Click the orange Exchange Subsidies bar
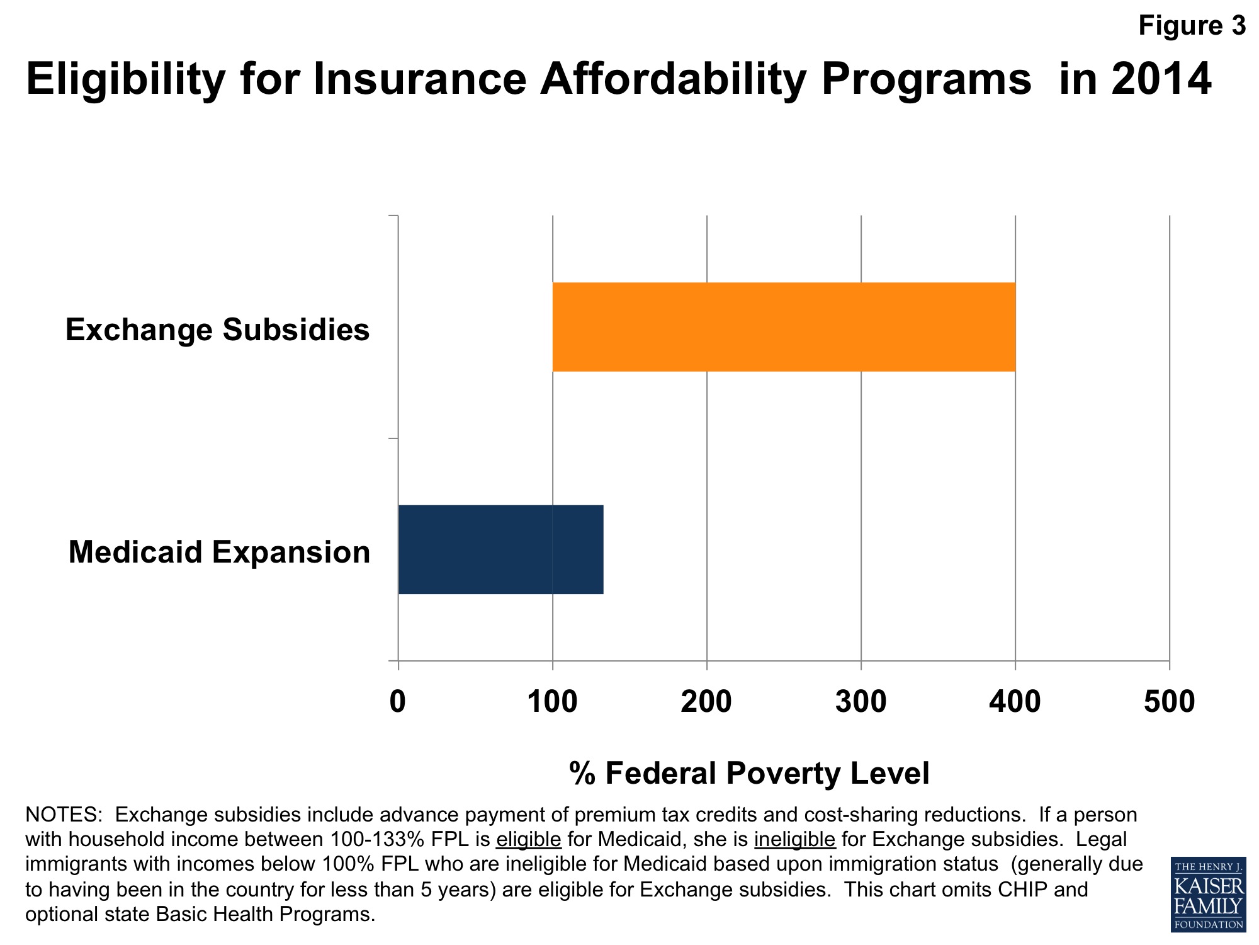tap(784, 327)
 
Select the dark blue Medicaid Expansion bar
tap(500, 549)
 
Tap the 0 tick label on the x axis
tap(398, 702)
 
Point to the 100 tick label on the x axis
tap(552, 702)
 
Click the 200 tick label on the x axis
tap(706, 702)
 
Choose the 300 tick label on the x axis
tap(861, 702)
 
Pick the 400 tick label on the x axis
tap(1015, 702)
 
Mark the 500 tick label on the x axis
tap(1169, 702)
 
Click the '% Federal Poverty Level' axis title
tap(749, 773)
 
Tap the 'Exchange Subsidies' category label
tap(217, 329)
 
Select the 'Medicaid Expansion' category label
tap(219, 552)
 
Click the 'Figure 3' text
tap(1192, 26)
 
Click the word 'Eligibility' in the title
tap(125, 79)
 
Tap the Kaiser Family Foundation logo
tap(1208, 895)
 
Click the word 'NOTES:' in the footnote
tap(64, 815)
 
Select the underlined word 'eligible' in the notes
tap(528, 840)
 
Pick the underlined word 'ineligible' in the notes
tap(794, 840)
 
